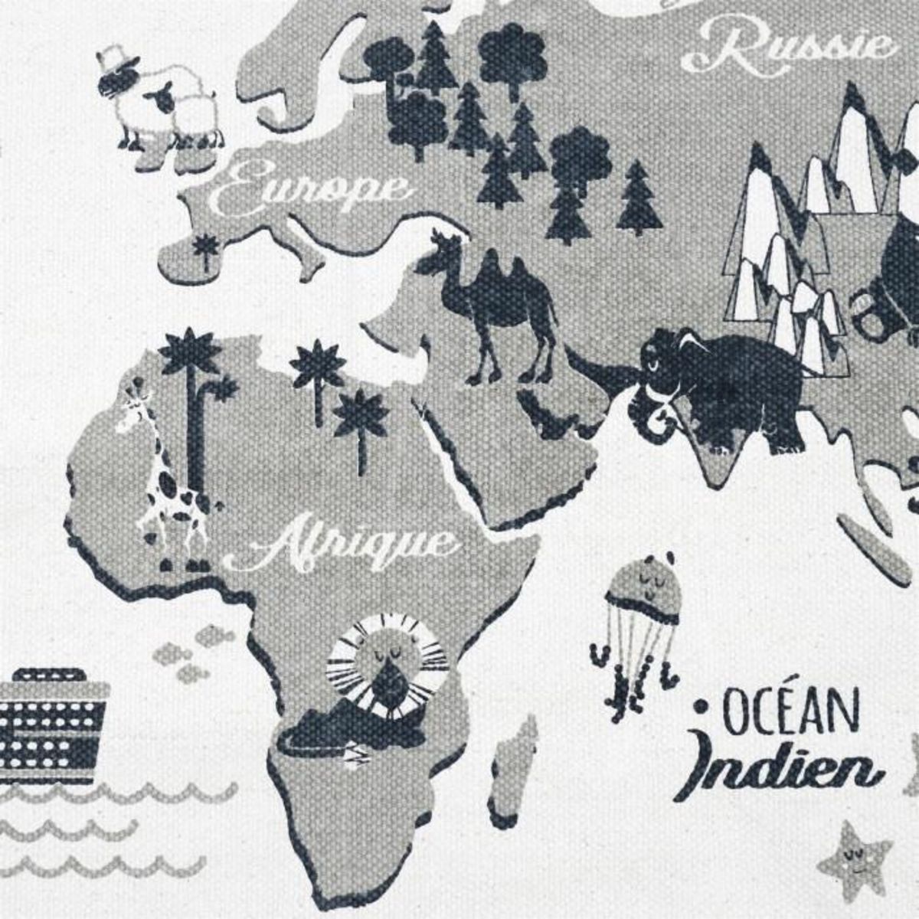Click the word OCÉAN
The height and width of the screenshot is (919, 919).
coord(789,712)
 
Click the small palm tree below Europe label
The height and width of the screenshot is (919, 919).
coord(204,249)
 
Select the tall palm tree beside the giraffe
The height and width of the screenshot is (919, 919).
coord(188,406)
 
